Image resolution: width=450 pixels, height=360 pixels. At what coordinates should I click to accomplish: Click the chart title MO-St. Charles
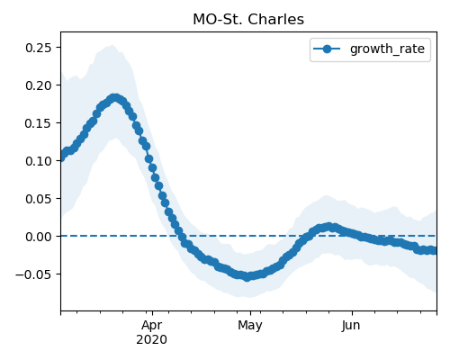tap(248, 20)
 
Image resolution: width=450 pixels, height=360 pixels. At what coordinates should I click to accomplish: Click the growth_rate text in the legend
tap(387, 49)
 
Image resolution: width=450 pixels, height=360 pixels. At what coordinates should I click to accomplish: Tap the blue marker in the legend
tap(327, 49)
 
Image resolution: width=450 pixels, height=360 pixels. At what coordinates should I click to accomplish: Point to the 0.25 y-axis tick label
tap(39, 48)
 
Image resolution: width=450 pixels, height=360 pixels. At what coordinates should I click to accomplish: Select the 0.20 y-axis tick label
tap(39, 85)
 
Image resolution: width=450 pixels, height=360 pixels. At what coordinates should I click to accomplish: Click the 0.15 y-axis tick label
tap(39, 123)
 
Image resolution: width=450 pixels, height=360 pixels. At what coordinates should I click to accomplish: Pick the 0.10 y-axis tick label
tap(39, 161)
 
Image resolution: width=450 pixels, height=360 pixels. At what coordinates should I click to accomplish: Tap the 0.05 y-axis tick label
tap(39, 199)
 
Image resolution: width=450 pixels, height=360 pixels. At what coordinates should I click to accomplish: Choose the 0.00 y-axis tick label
tap(39, 237)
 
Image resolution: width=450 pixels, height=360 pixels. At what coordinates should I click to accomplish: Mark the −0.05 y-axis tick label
tap(33, 274)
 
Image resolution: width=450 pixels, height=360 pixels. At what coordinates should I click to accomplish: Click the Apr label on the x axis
tap(152, 326)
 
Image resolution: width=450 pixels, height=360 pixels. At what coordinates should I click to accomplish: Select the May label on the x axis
tap(250, 326)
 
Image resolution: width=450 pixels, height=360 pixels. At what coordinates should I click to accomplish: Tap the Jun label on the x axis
tap(351, 326)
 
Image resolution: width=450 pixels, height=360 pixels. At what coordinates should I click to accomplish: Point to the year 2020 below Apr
tap(152, 339)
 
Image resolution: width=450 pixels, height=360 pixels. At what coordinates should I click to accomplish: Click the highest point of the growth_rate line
tap(114, 98)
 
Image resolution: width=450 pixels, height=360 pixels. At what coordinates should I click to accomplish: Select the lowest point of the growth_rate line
tap(247, 276)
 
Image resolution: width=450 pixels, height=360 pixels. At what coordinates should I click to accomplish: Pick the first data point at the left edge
tap(61, 157)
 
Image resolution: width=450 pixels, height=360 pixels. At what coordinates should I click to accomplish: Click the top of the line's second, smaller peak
tap(329, 227)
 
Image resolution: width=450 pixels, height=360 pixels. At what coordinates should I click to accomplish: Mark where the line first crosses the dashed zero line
tap(180, 236)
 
